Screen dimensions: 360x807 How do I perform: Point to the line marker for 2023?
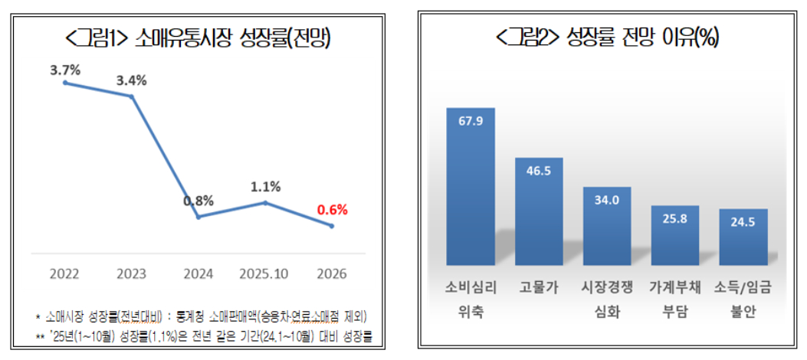coord(132,97)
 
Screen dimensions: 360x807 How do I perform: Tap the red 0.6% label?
coord(332,209)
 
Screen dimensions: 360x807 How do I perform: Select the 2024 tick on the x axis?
coord(198,274)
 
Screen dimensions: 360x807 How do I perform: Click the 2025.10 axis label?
coord(264,274)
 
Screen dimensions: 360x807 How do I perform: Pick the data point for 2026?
coord(331,226)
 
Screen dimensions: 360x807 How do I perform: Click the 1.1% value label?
coord(265,186)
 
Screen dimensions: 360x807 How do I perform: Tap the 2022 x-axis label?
coord(65,274)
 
